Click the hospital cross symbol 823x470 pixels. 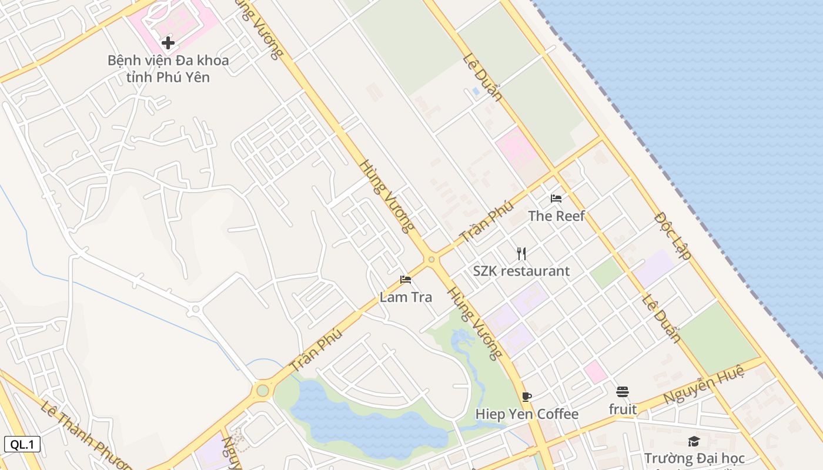[168, 42]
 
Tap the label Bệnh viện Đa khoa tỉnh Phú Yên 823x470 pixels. [168, 68]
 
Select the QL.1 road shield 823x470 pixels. [22, 444]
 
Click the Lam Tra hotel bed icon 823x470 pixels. [406, 280]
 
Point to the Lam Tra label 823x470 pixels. [406, 297]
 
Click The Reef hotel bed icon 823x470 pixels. [556, 199]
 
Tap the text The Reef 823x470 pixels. [556, 216]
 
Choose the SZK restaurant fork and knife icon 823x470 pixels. [521, 254]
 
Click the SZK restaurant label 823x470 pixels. [521, 271]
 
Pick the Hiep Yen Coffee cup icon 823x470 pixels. [527, 397]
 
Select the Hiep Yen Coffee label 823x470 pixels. [527, 415]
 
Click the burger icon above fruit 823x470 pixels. [623, 392]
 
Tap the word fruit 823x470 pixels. [623, 409]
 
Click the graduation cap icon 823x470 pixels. [694, 441]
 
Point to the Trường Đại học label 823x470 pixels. [694, 458]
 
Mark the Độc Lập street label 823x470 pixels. [672, 236]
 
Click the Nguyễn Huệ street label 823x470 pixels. [704, 384]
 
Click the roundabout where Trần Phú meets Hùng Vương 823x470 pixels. [431, 259]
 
